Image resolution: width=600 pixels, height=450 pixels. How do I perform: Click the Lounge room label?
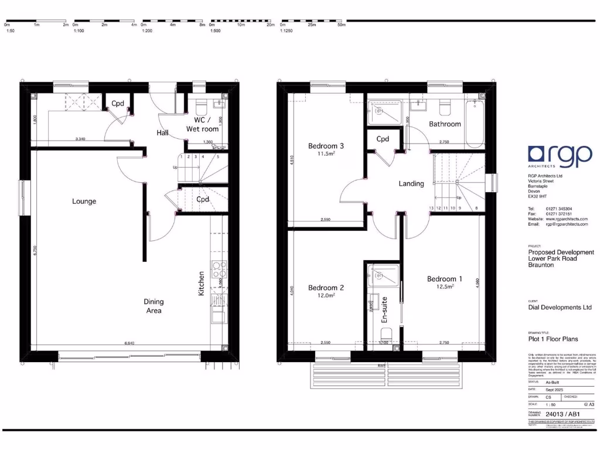pyautogui.click(x=84, y=202)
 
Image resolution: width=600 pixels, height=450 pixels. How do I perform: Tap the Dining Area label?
pyautogui.click(x=154, y=306)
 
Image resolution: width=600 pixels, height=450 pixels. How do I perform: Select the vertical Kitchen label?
pyautogui.click(x=202, y=283)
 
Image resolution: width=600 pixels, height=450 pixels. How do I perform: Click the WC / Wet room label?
pyautogui.click(x=202, y=124)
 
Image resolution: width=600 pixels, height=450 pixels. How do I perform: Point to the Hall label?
pyautogui.click(x=162, y=133)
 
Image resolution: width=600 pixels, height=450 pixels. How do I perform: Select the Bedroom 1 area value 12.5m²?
pyautogui.click(x=444, y=287)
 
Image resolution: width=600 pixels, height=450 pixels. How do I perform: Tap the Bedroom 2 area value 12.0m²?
pyautogui.click(x=325, y=296)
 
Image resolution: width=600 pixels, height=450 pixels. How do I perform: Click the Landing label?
pyautogui.click(x=411, y=183)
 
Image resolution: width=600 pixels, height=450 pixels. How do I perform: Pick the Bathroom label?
pyautogui.click(x=445, y=124)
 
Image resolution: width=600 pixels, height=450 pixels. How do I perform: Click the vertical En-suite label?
pyautogui.click(x=385, y=311)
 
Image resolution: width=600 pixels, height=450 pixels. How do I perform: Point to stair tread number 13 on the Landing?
pyautogui.click(x=432, y=208)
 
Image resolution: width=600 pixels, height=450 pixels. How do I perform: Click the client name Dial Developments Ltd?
pyautogui.click(x=560, y=307)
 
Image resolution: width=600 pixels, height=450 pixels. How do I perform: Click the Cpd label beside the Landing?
pyautogui.click(x=383, y=139)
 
